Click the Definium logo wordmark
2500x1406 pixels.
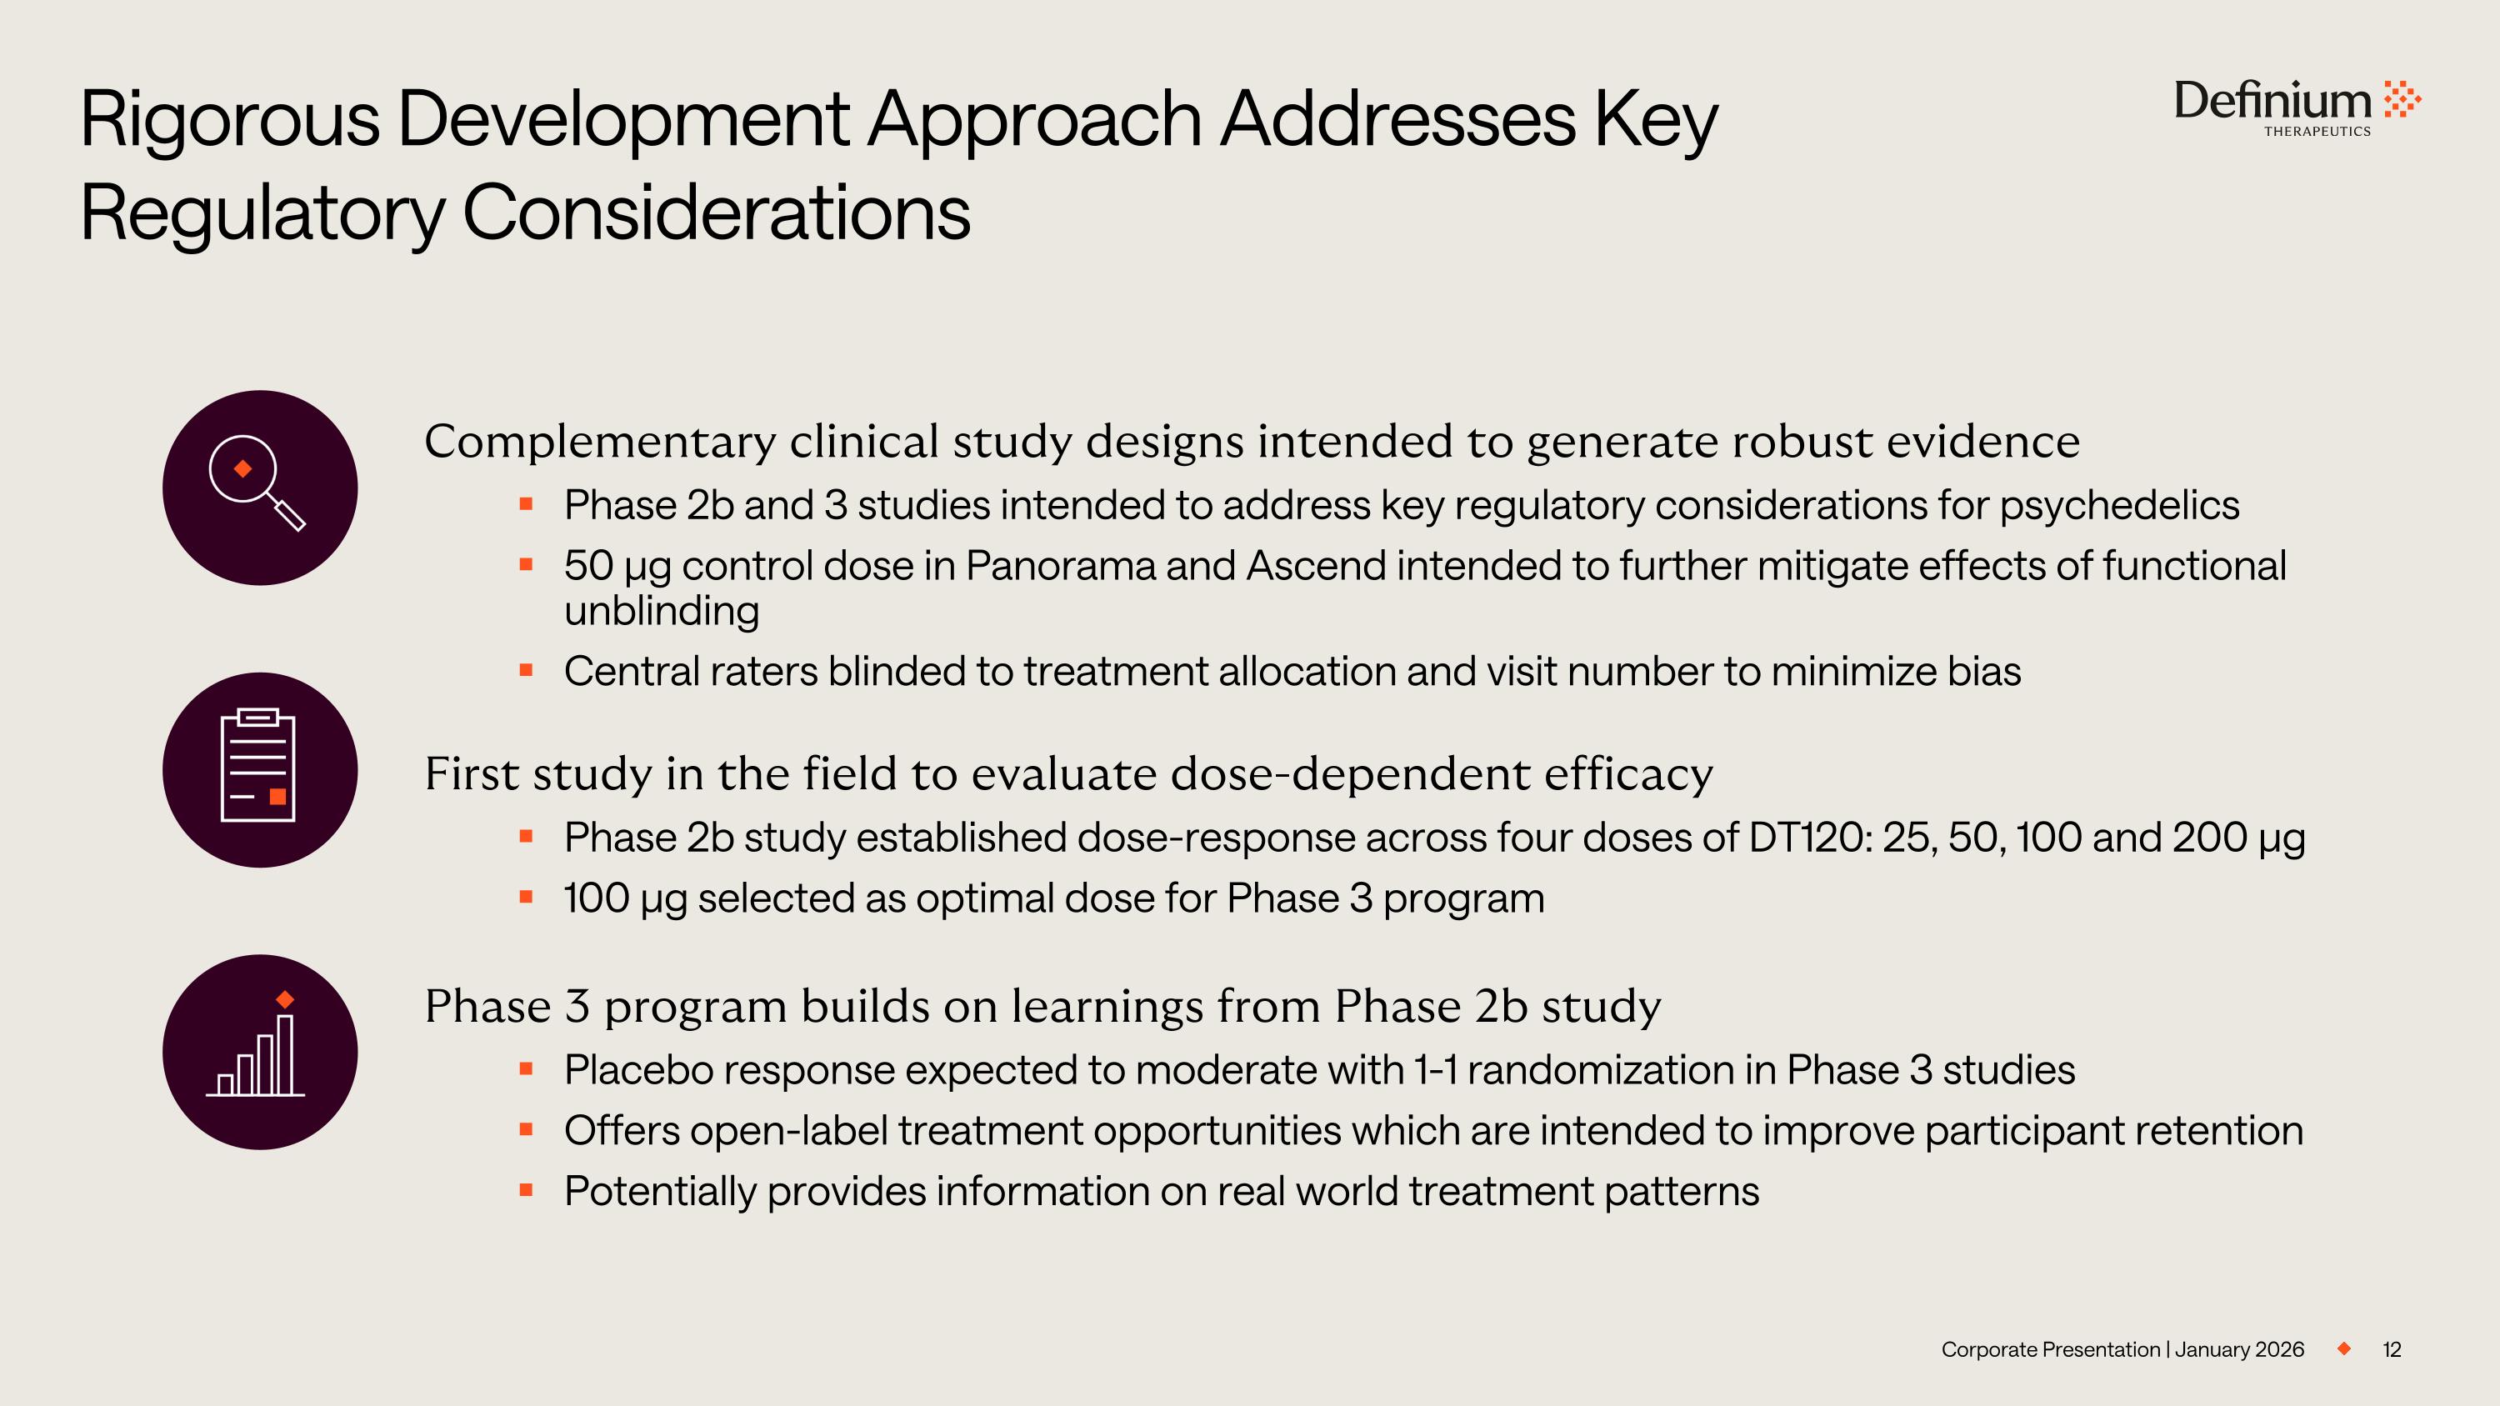pyautogui.click(x=2272, y=100)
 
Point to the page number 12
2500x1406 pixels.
pyautogui.click(x=2392, y=1348)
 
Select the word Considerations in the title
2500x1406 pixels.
pyautogui.click(x=716, y=213)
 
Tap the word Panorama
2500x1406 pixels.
pyautogui.click(x=1060, y=566)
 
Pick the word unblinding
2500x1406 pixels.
pyautogui.click(x=661, y=611)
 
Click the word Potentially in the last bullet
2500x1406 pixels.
pyautogui.click(x=660, y=1192)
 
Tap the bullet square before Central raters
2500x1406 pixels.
pyautogui.click(x=526, y=669)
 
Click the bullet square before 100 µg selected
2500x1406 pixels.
pyautogui.click(x=526, y=897)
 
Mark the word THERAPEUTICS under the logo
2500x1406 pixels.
pyautogui.click(x=2317, y=132)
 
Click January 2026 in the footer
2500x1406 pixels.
pyautogui.click(x=2239, y=1349)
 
